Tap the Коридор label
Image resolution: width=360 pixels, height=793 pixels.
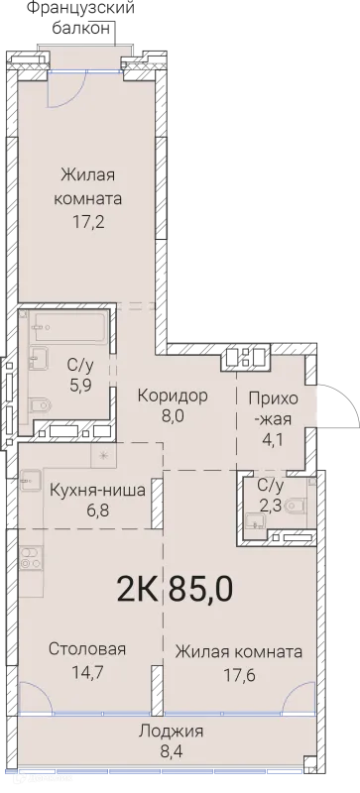pos(175,396)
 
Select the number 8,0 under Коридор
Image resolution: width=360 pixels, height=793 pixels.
pos(175,418)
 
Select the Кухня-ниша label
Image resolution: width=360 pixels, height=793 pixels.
pos(98,490)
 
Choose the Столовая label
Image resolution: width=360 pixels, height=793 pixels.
pos(87,649)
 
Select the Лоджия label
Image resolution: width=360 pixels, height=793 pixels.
pos(172,732)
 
